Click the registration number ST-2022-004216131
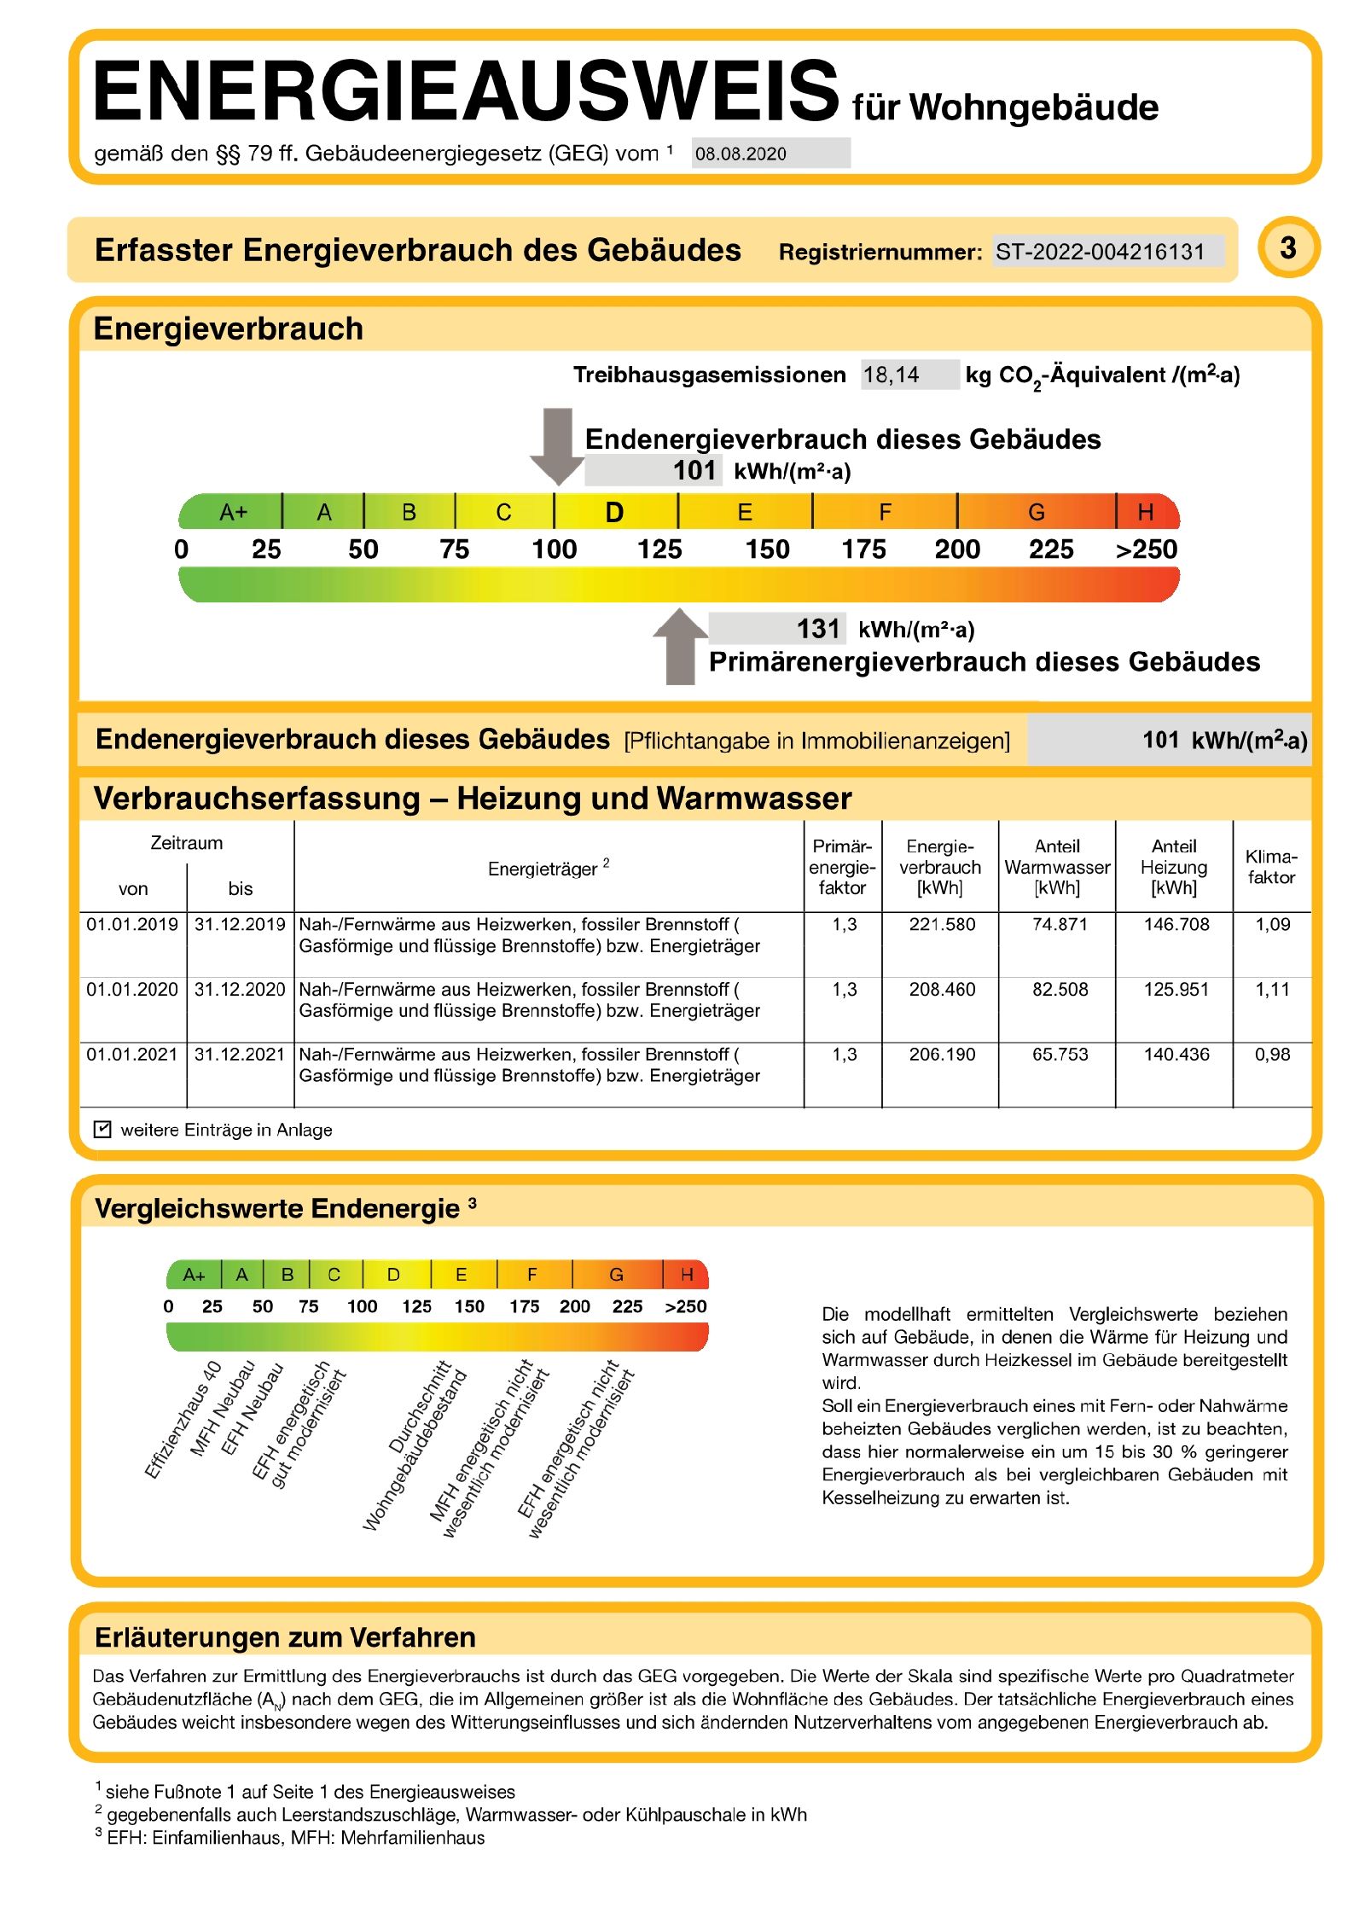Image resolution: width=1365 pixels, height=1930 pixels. point(1099,252)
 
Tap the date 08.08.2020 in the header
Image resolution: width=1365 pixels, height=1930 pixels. point(740,154)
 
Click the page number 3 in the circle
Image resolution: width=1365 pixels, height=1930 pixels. point(1287,248)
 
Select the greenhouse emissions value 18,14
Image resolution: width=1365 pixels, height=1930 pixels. point(891,375)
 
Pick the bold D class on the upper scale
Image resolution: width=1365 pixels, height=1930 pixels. point(614,513)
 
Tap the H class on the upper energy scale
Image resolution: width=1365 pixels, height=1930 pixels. point(1145,512)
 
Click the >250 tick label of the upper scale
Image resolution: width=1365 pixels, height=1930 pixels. point(1146,549)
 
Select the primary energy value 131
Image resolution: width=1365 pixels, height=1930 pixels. point(817,629)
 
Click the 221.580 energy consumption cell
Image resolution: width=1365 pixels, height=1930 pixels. point(941,924)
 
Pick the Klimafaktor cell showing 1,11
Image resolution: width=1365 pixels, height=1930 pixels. point(1271,989)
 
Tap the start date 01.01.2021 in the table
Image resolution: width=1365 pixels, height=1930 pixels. point(132,1054)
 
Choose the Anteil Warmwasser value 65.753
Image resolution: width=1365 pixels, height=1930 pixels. point(1059,1054)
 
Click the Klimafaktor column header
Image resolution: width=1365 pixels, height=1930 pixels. point(1270,866)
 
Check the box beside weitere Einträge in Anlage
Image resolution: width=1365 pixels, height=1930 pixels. point(102,1129)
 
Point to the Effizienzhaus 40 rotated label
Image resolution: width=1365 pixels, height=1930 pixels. point(183,1419)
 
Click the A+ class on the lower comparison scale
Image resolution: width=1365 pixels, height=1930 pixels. point(194,1275)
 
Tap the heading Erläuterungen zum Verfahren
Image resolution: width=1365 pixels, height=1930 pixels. point(285,1637)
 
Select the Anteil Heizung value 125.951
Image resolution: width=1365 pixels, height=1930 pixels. point(1176,989)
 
